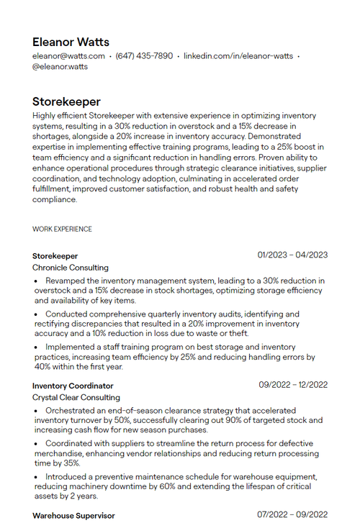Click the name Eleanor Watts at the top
tap(71, 42)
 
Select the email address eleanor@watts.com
tap(68, 55)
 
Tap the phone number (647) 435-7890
tap(144, 55)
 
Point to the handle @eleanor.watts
tap(60, 66)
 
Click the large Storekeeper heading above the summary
tap(66, 101)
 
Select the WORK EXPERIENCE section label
tap(62, 229)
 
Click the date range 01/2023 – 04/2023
tap(292, 255)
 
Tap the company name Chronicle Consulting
tap(71, 267)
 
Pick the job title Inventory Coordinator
tap(73, 386)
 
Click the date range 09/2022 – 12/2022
tap(293, 385)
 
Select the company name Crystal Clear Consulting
tap(76, 397)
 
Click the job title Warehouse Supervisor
tap(73, 516)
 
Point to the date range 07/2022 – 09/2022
tap(292, 515)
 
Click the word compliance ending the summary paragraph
tap(55, 199)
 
